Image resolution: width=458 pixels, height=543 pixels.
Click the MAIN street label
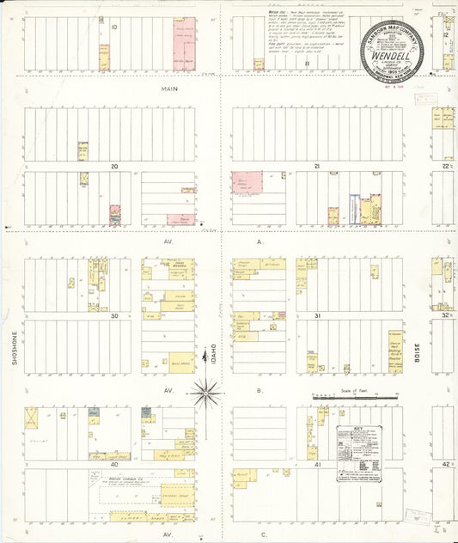tap(168, 88)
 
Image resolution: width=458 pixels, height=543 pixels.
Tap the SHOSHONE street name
tap(15, 349)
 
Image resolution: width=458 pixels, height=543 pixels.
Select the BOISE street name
tap(417, 349)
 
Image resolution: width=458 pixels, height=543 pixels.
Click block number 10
tap(113, 27)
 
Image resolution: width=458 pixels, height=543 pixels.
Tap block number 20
tap(113, 166)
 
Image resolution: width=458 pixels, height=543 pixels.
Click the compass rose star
tap(205, 395)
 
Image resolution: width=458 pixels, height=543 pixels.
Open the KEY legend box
tap(359, 452)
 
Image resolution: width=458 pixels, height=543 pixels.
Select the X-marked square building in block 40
tap(31, 418)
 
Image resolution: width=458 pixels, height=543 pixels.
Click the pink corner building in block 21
tap(247, 182)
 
